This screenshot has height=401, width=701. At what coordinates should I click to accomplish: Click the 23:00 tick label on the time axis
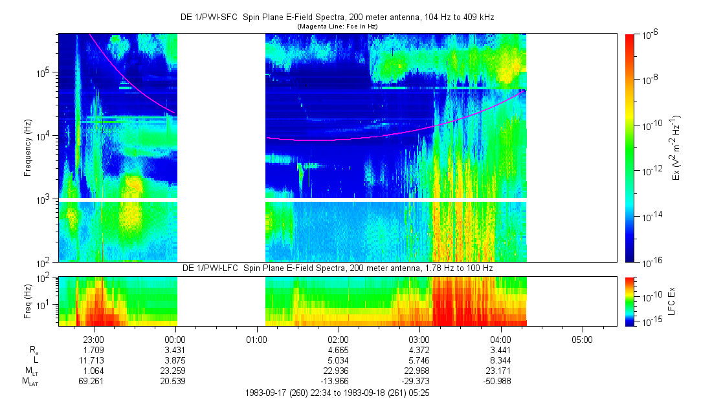click(x=95, y=338)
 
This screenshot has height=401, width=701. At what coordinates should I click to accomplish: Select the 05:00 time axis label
click(x=582, y=338)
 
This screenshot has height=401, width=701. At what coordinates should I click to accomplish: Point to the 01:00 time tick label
click(x=257, y=338)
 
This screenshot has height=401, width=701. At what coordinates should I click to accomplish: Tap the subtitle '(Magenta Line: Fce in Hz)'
click(x=337, y=27)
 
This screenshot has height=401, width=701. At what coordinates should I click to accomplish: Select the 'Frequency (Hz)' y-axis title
click(x=28, y=148)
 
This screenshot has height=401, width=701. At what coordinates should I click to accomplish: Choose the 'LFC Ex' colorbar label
click(x=672, y=301)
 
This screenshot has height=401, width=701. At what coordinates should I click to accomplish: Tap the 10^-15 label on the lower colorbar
click(x=651, y=321)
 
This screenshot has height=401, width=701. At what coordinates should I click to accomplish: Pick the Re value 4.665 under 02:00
click(x=338, y=349)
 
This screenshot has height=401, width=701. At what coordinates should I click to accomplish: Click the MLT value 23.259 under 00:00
click(x=175, y=371)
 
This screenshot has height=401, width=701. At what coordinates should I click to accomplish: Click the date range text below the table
click(x=337, y=393)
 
